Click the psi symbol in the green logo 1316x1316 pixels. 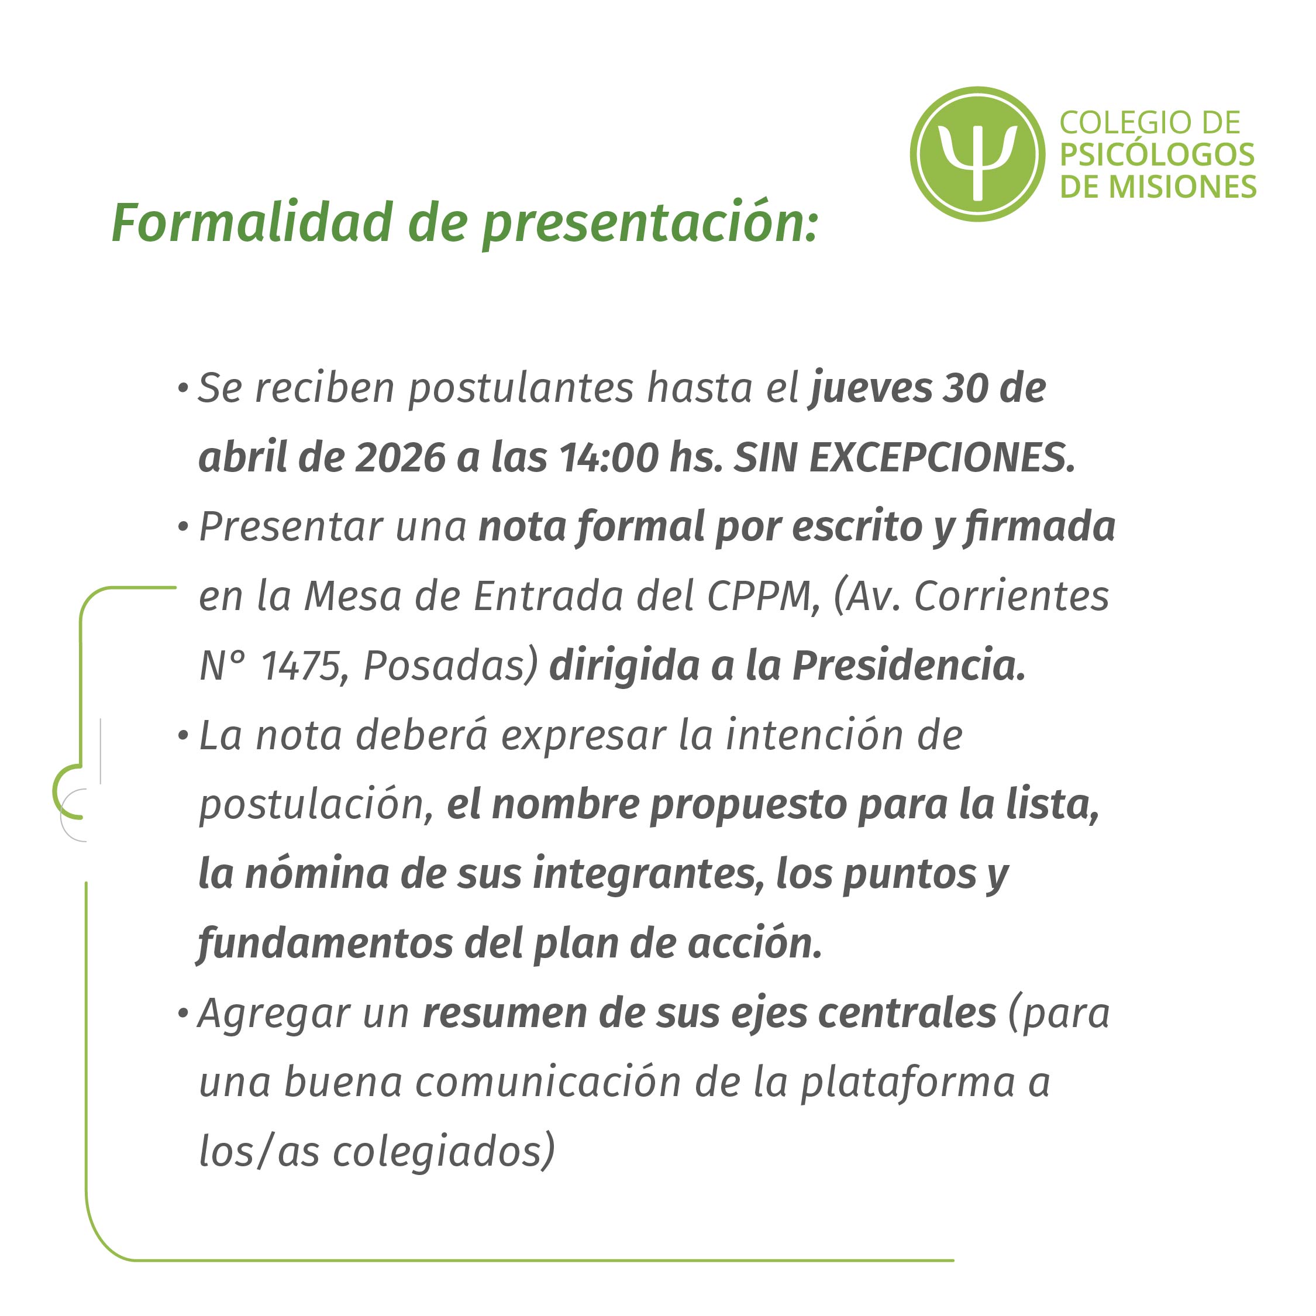click(x=977, y=161)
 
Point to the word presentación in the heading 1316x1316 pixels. click(x=649, y=225)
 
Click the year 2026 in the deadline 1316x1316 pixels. click(x=400, y=458)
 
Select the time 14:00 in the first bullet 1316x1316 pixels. click(x=608, y=458)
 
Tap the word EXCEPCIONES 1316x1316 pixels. click(x=943, y=458)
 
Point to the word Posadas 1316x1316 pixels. click(x=452, y=666)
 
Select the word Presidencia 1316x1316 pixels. click(x=910, y=666)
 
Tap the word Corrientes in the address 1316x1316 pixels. click(x=1011, y=597)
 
